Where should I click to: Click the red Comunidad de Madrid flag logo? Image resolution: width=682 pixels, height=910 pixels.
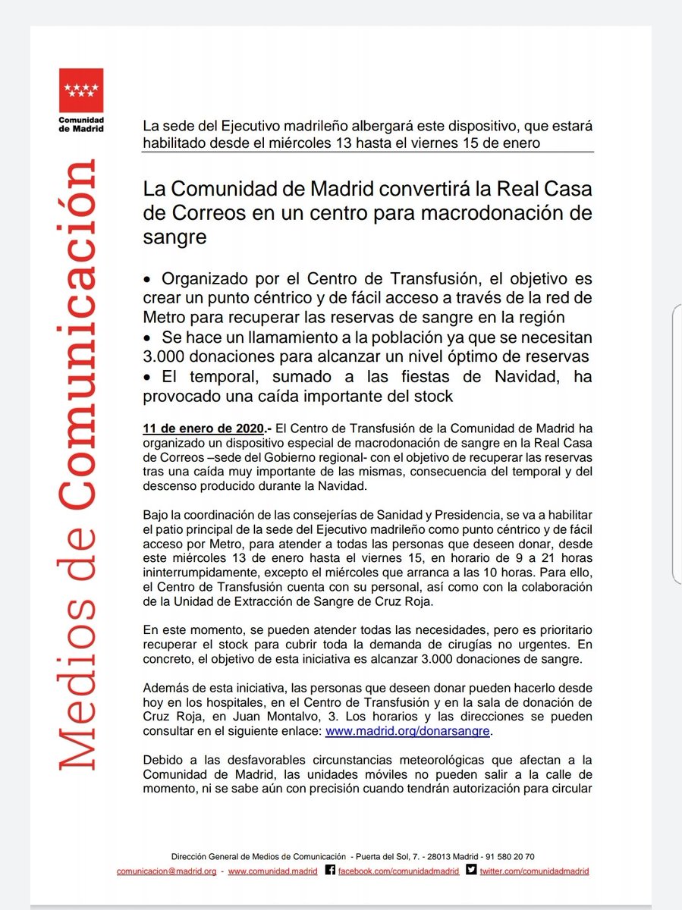(81, 90)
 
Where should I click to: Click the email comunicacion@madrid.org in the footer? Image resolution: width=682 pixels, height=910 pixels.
(166, 871)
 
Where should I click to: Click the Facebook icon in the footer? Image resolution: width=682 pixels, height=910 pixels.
(330, 871)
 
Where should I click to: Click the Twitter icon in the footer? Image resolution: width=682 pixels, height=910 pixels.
(472, 871)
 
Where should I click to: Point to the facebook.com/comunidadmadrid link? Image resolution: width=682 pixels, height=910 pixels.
(398, 871)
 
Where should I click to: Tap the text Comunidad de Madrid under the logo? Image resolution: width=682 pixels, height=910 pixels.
(81, 124)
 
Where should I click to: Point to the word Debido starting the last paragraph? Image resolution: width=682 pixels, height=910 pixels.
(165, 760)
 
